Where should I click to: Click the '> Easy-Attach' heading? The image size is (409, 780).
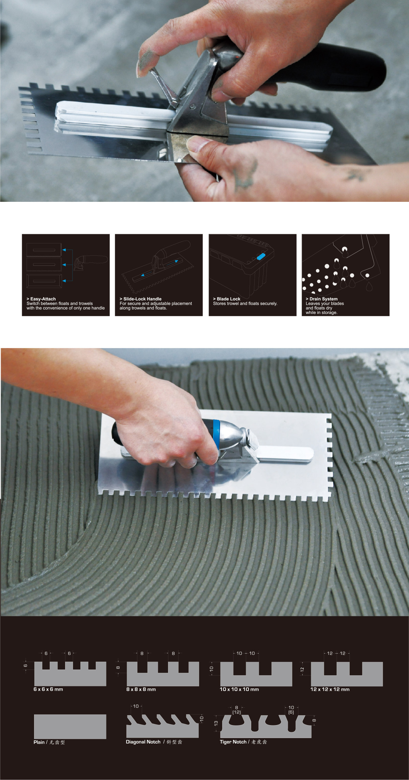click(x=41, y=299)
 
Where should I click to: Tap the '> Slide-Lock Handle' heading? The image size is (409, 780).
click(x=140, y=299)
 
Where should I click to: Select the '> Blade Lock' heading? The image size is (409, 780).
click(x=227, y=299)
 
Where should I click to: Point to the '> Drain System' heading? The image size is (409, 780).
click(x=322, y=299)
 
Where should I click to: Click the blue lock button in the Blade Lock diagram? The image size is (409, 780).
click(x=261, y=256)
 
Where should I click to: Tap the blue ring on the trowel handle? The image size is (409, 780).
click(x=216, y=434)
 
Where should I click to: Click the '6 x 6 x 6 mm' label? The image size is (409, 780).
click(x=48, y=689)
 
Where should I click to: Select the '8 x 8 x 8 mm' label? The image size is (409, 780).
click(x=141, y=689)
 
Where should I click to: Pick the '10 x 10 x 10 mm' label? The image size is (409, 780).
click(x=239, y=689)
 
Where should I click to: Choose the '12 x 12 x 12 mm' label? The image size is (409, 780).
click(x=330, y=689)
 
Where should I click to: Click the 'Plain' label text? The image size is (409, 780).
click(x=39, y=742)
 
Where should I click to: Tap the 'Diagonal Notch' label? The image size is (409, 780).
click(x=143, y=742)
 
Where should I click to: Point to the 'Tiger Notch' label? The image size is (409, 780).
click(x=233, y=742)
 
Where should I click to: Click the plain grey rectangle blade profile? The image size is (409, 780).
click(x=70, y=726)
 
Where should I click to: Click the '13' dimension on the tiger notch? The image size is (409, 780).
click(x=216, y=723)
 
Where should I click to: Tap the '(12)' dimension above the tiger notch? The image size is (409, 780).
click(x=237, y=712)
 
